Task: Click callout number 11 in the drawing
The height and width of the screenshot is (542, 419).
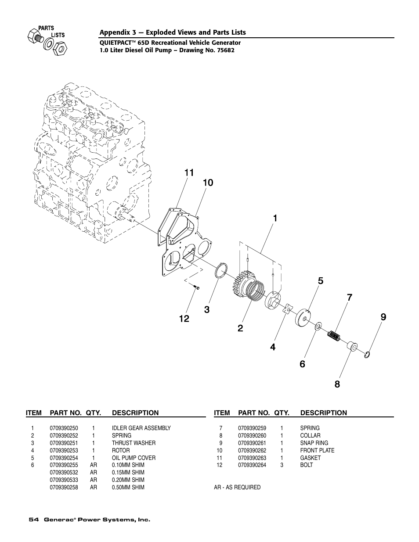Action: pos(188,173)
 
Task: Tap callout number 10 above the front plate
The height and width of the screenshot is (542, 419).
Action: pos(208,183)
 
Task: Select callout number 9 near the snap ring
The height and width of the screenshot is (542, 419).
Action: pos(383,316)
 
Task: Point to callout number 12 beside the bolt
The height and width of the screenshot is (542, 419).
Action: pos(184,319)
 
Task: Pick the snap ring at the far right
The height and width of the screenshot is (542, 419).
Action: pos(368,355)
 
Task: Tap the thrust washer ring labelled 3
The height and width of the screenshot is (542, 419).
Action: pos(221,271)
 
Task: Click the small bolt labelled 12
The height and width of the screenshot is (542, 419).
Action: pos(196,287)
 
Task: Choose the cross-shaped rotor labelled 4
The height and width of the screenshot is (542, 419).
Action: pos(287,309)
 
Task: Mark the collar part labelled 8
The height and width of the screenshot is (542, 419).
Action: pos(352,346)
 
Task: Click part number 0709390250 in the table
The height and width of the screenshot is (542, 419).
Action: pos(64,428)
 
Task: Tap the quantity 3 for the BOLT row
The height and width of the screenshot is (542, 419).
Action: pos(282,465)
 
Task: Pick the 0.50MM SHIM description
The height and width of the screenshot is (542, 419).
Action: pos(128,488)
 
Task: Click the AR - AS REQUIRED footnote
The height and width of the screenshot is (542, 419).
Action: pos(237,488)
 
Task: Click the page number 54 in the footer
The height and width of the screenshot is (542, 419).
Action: pos(33,520)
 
